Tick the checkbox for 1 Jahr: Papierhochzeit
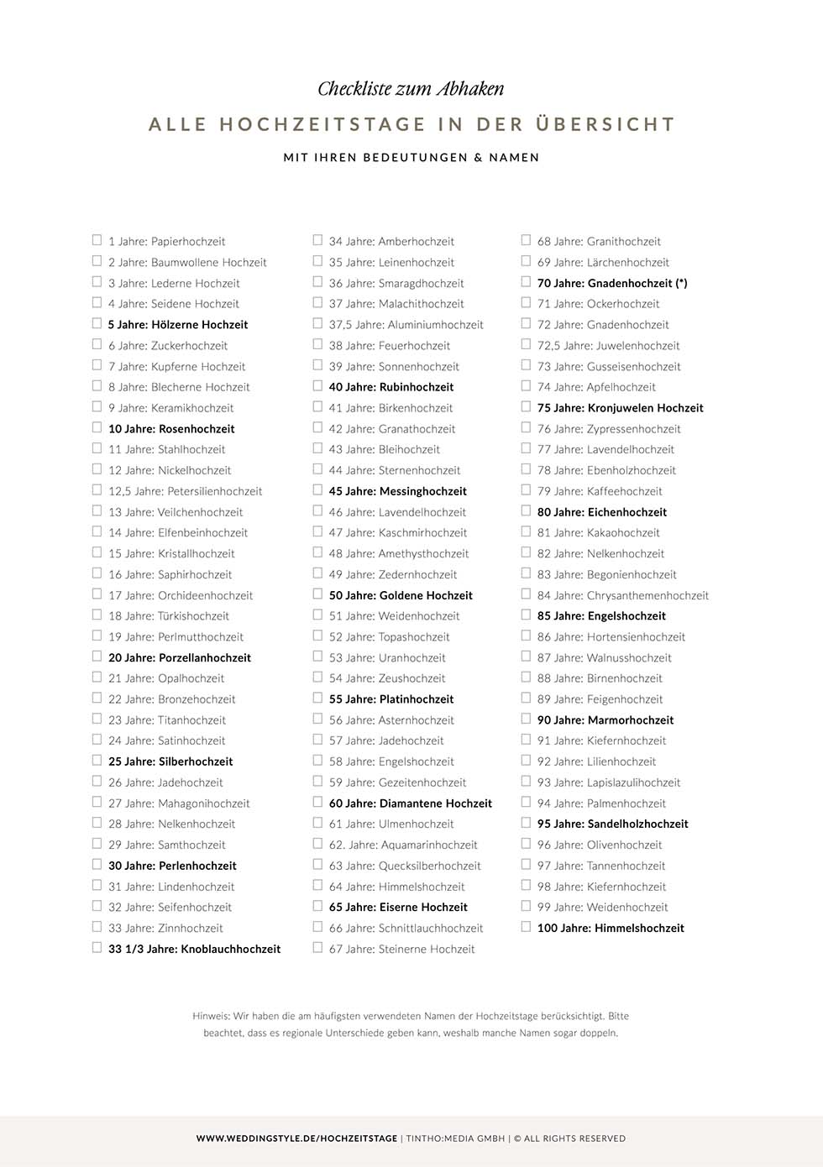coord(97,240)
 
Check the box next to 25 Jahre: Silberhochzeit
coord(97,761)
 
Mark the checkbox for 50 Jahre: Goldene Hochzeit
coord(317,594)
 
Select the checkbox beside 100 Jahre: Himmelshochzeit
coord(526,927)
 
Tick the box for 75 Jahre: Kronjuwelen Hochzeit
coord(526,407)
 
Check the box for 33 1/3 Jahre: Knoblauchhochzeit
coord(97,948)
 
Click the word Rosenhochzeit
coord(197,429)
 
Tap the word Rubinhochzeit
coord(417,387)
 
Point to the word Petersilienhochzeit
coord(214,491)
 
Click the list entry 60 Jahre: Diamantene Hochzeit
coord(410,803)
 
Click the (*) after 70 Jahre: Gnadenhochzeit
coord(681,283)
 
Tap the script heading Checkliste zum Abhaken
coord(411,89)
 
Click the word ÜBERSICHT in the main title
coord(605,124)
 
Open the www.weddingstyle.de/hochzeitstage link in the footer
coord(296,1138)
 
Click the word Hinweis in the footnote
coord(210,1016)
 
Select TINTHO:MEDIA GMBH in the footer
coord(455,1138)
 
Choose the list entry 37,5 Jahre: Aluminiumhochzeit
coord(406,325)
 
